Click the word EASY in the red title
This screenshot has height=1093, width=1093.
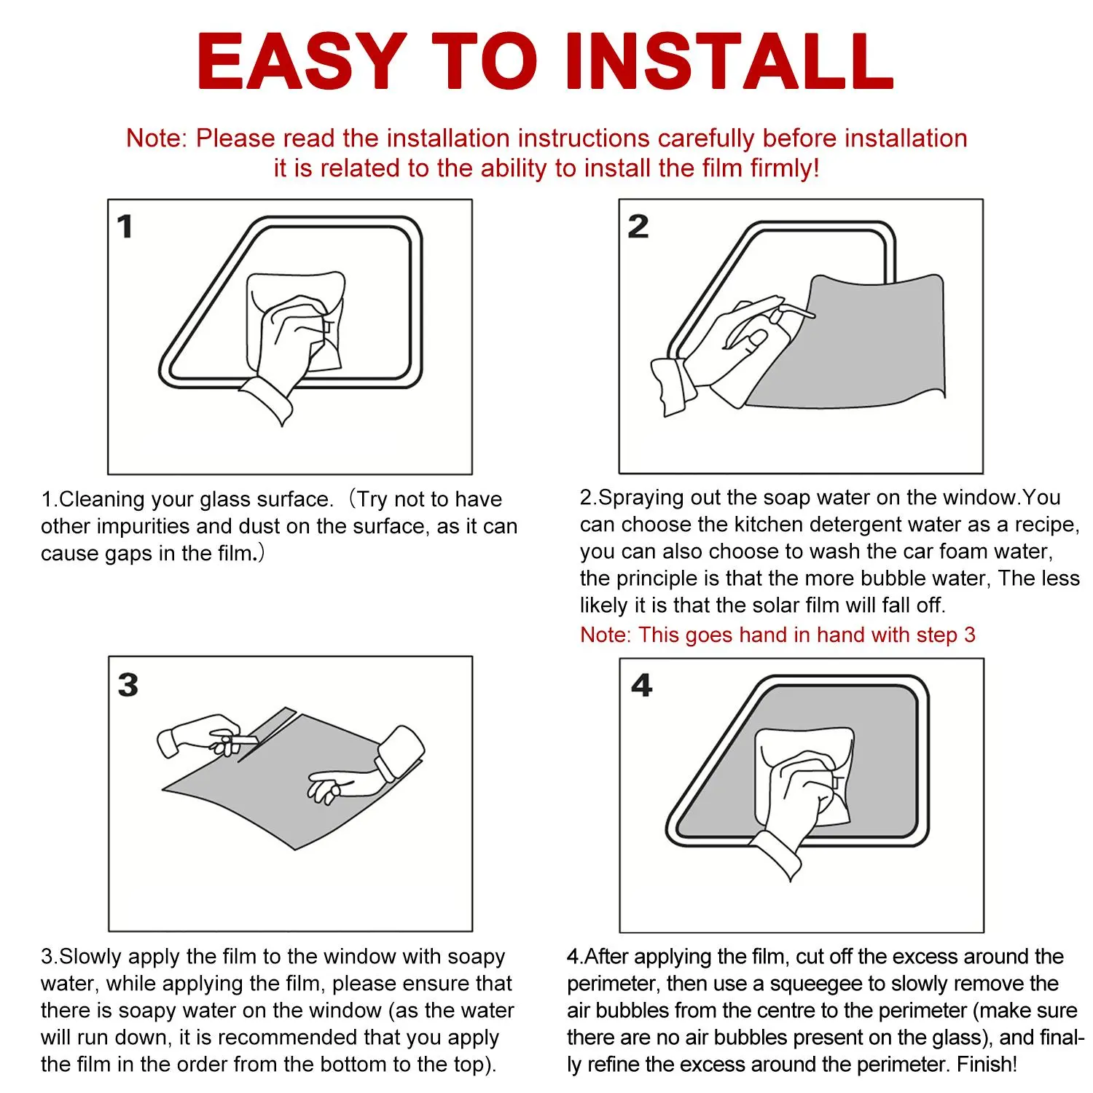pyautogui.click(x=301, y=61)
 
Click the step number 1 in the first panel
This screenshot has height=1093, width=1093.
pyautogui.click(x=125, y=227)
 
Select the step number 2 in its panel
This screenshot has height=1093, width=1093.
pyautogui.click(x=638, y=227)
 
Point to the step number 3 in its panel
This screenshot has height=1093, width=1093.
pyautogui.click(x=128, y=685)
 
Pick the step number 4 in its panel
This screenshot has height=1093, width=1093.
pyautogui.click(x=642, y=685)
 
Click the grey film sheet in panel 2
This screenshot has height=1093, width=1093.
pyautogui.click(x=853, y=342)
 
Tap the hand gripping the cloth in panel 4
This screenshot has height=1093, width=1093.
pyautogui.click(x=798, y=809)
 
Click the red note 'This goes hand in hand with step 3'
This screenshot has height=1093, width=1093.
pyautogui.click(x=777, y=635)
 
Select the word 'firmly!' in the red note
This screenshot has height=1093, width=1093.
pyautogui.click(x=784, y=168)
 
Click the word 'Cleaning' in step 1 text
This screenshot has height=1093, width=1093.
pyautogui.click(x=101, y=499)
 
